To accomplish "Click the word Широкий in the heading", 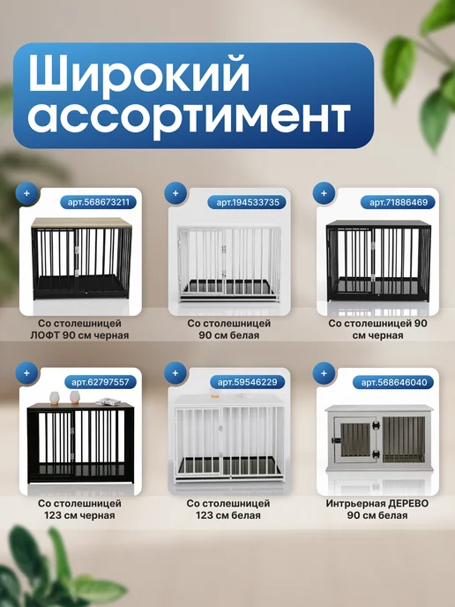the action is (x=139, y=75).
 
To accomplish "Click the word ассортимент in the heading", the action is (x=189, y=117).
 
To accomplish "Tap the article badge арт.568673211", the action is (x=98, y=202).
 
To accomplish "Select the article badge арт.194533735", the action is (x=248, y=202).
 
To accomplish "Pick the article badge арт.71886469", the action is (x=399, y=202).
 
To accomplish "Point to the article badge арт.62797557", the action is (x=101, y=382).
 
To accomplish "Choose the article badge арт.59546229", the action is (x=248, y=382).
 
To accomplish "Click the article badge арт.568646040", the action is (x=393, y=383).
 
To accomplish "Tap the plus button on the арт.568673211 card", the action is (x=26, y=193).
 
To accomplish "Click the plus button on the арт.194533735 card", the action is (x=175, y=193).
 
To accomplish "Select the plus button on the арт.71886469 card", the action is (x=324, y=193).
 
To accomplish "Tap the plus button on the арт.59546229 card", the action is (x=175, y=373).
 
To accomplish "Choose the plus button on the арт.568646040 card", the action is (x=324, y=373).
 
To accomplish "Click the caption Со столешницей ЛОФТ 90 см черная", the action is (x=79, y=329).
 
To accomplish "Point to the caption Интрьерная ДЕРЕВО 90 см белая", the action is (x=377, y=509).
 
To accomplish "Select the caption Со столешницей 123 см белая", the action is (x=228, y=509).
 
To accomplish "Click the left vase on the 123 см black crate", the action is (x=55, y=398).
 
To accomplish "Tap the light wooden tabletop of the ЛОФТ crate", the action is (x=82, y=222).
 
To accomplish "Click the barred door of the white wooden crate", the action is (x=355, y=439).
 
